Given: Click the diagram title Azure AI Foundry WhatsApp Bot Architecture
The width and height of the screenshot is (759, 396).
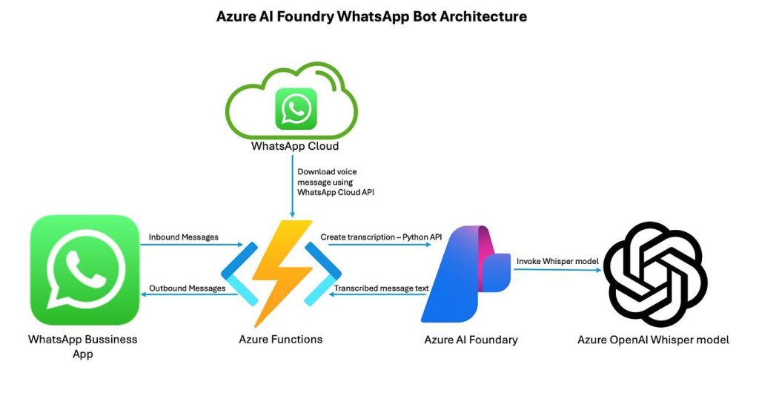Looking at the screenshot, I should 371,16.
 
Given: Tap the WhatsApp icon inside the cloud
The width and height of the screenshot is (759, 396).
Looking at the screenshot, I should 296,109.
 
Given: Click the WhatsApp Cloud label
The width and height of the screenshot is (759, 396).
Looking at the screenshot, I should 295,146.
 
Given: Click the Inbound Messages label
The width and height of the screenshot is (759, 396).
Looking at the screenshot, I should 184,237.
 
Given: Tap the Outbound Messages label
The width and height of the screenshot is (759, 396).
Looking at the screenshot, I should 187,288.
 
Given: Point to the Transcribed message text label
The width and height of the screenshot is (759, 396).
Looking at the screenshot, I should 376,288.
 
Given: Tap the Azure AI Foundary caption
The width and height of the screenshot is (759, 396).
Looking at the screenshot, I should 471,340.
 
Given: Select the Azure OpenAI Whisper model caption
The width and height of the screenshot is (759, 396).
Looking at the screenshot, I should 653,340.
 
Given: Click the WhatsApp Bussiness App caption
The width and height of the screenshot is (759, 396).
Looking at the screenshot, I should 83,346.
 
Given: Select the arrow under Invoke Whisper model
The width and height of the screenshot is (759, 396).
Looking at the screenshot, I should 555,270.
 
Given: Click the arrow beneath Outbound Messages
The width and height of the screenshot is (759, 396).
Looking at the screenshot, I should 188,296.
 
